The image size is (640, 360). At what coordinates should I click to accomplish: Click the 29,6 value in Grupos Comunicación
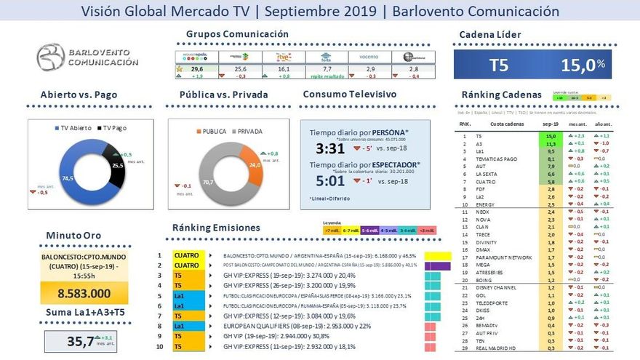tap(196, 68)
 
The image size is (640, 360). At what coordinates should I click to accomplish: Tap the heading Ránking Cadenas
tap(501, 95)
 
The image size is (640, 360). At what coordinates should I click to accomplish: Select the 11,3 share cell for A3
tap(551, 143)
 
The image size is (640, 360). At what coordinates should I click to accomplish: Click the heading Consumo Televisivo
tap(349, 95)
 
